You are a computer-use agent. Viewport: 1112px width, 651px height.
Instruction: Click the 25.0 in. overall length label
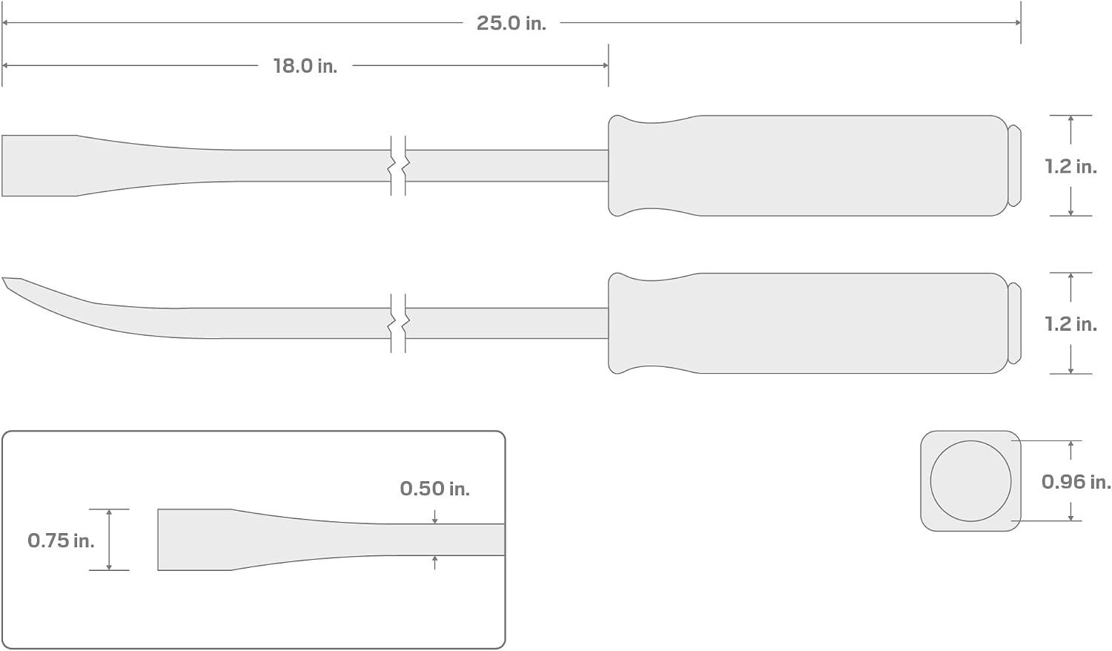pos(512,23)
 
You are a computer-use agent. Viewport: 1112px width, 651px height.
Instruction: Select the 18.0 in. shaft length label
pos(305,66)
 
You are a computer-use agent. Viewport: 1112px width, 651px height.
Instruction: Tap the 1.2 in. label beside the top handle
pos(1070,166)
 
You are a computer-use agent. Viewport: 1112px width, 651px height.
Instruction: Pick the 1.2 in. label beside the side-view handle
pos(1070,324)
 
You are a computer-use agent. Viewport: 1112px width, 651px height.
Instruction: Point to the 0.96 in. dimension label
pos(1076,481)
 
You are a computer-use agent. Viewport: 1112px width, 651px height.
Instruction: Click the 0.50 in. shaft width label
pos(435,489)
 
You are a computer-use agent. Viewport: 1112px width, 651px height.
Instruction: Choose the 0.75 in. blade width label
pos(61,541)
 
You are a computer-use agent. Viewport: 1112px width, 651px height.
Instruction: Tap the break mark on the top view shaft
pos(398,166)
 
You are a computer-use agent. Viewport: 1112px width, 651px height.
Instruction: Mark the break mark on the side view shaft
pos(398,323)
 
